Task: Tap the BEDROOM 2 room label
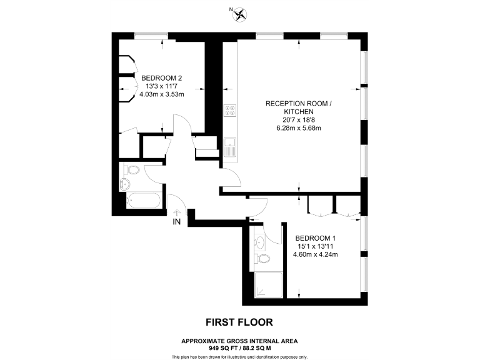pos(161,77)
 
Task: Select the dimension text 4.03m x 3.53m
pos(161,94)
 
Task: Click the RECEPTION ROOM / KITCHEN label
pos(294,107)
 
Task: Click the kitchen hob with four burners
pos(230,111)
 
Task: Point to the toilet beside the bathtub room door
pos(132,169)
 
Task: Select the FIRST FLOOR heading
pos(240,322)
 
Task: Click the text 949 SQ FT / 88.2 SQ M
pos(240,347)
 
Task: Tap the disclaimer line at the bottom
pos(240,356)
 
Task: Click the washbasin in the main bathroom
pos(124,184)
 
